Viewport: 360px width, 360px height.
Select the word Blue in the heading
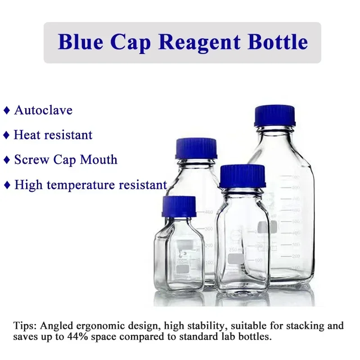[x=80, y=42]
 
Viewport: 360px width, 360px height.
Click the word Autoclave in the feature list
[x=43, y=110]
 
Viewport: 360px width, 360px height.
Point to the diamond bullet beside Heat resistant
[x=6, y=135]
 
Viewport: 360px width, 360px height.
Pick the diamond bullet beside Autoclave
[x=6, y=111]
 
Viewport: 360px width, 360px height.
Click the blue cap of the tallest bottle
[x=274, y=116]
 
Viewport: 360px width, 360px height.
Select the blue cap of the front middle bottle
[x=243, y=175]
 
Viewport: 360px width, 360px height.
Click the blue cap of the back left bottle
[x=196, y=148]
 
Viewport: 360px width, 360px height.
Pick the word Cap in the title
[x=131, y=42]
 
